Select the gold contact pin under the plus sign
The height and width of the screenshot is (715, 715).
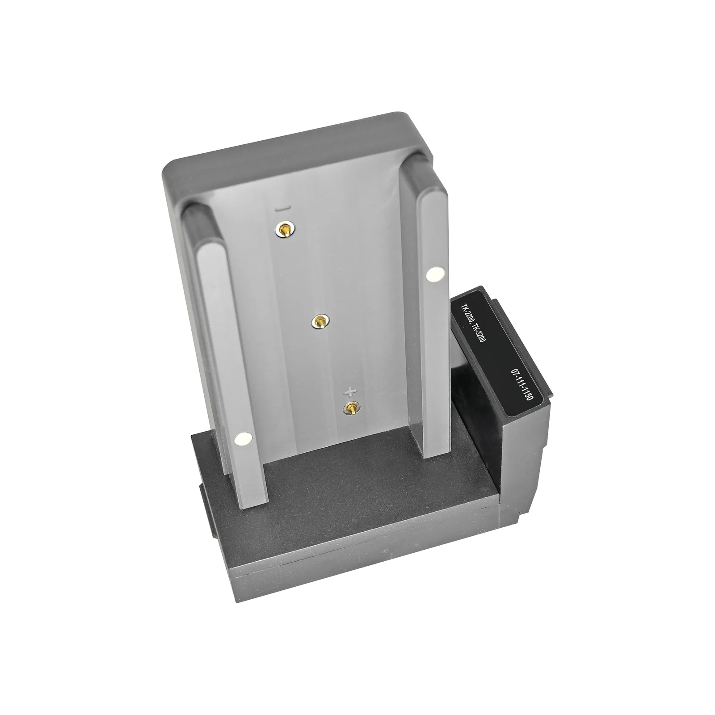[351, 407]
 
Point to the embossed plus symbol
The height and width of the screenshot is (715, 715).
[351, 392]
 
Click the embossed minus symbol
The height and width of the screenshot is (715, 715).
[284, 208]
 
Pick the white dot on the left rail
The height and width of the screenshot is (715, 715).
[244, 440]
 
